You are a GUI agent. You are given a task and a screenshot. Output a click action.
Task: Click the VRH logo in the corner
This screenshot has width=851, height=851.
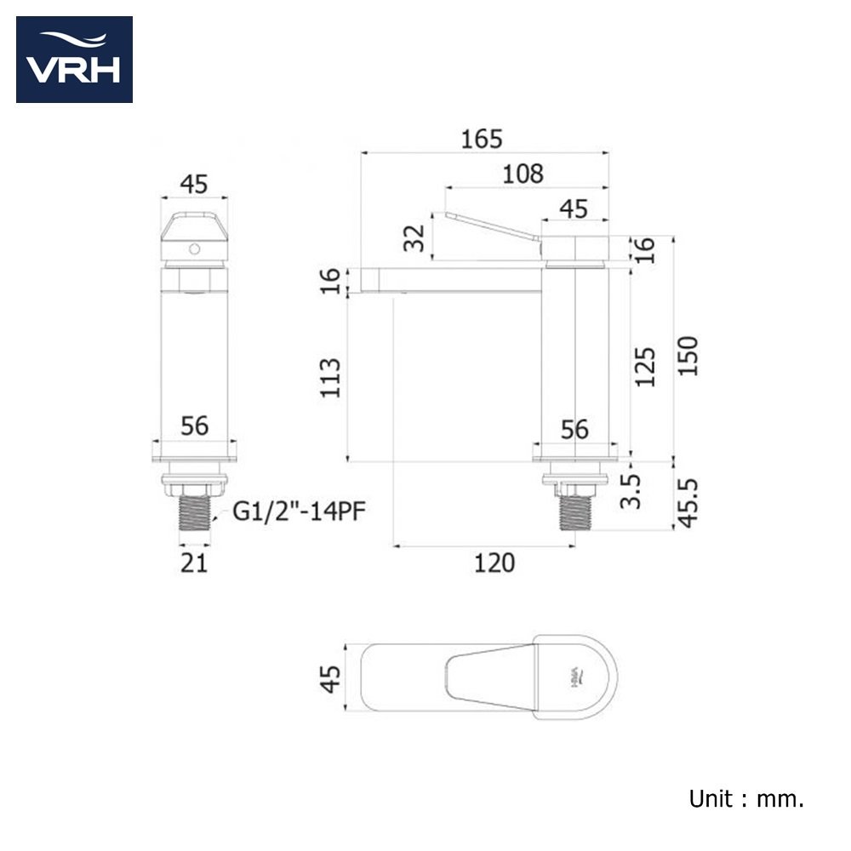(74, 60)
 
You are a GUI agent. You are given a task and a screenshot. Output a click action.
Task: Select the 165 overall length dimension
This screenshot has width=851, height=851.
(482, 139)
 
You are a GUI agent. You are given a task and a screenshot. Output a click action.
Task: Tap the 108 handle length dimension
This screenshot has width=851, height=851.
(523, 174)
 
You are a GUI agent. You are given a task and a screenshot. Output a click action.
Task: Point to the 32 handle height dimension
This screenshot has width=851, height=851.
(414, 238)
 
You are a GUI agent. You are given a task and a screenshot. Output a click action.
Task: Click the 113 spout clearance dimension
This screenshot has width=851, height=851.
(330, 379)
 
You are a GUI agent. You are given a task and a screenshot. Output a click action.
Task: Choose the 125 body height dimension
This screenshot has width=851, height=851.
(645, 367)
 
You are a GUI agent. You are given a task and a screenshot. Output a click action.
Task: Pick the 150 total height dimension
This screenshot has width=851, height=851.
(688, 356)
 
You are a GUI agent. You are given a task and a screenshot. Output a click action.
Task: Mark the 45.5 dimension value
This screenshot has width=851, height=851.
(688, 503)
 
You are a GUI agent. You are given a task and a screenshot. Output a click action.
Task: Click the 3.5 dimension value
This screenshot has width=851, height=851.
(631, 491)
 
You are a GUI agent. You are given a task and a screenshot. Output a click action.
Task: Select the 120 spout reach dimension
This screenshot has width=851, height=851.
(494, 563)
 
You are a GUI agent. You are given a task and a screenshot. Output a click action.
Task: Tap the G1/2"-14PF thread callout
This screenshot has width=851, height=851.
(299, 511)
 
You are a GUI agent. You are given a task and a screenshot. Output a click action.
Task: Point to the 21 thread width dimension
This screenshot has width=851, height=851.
(194, 563)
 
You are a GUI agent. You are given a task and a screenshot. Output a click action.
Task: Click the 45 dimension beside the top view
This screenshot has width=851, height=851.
(330, 679)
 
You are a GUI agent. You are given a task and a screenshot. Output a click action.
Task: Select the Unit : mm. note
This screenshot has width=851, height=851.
(746, 798)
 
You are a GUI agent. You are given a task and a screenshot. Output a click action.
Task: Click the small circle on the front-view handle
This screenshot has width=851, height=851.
(194, 249)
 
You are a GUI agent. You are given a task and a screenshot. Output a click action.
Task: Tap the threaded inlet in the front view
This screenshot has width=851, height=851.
(194, 512)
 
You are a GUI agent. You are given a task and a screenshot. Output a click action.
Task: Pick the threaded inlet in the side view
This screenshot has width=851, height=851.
(575, 512)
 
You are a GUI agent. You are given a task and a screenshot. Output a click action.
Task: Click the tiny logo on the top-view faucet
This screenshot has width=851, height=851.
(579, 677)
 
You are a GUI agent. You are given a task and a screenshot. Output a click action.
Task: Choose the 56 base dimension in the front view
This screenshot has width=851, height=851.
(194, 426)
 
